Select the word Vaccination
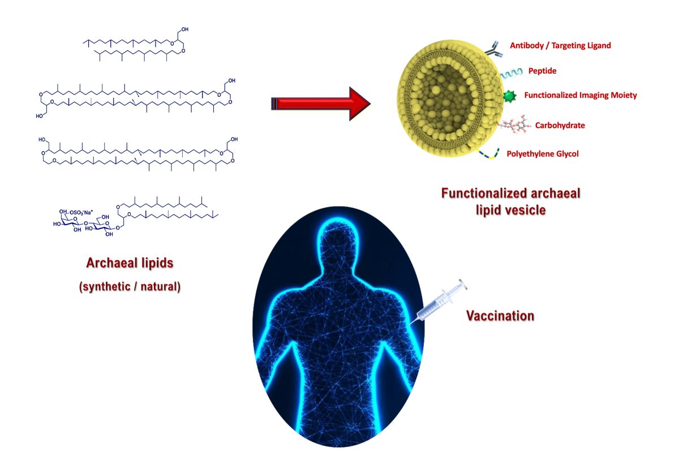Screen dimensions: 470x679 tap(500, 316)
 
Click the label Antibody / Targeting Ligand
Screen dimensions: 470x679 tap(560, 46)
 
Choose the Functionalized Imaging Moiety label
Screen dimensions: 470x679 tap(580, 95)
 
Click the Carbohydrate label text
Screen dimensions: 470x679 tap(553, 125)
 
